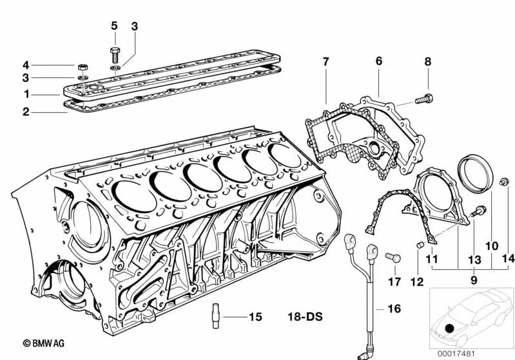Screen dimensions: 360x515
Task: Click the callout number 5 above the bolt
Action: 114,26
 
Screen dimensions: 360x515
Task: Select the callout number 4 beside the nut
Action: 26,65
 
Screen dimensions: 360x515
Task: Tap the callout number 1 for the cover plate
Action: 26,94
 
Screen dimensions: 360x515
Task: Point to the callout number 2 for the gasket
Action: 26,112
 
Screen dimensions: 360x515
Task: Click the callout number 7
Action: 326,62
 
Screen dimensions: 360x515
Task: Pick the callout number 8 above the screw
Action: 427,62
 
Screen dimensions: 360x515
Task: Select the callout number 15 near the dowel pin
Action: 255,317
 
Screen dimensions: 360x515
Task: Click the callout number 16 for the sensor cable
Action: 394,309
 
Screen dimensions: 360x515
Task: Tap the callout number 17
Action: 394,281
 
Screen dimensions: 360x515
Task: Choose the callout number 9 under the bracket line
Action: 474,280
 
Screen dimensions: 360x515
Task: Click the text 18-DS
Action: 305,317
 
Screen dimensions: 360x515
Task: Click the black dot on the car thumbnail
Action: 449,329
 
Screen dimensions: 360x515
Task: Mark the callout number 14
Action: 509,260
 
